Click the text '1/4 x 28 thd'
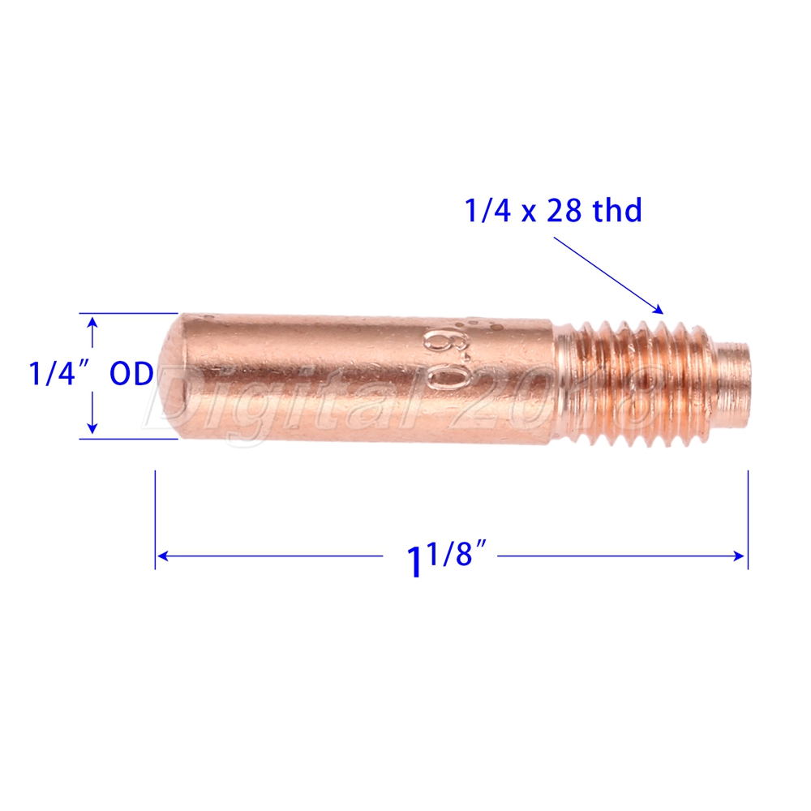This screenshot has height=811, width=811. pyautogui.click(x=553, y=211)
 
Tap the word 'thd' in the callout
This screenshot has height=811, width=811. pyautogui.click(x=617, y=211)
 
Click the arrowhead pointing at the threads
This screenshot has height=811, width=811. pyautogui.click(x=660, y=309)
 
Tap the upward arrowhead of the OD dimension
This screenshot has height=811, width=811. pyautogui.click(x=93, y=322)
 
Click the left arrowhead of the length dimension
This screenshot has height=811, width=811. pyautogui.click(x=161, y=556)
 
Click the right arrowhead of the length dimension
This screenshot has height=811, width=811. pyautogui.click(x=740, y=556)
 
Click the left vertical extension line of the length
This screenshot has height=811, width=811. pyautogui.click(x=155, y=519)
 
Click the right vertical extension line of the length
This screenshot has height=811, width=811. pyautogui.click(x=747, y=519)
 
